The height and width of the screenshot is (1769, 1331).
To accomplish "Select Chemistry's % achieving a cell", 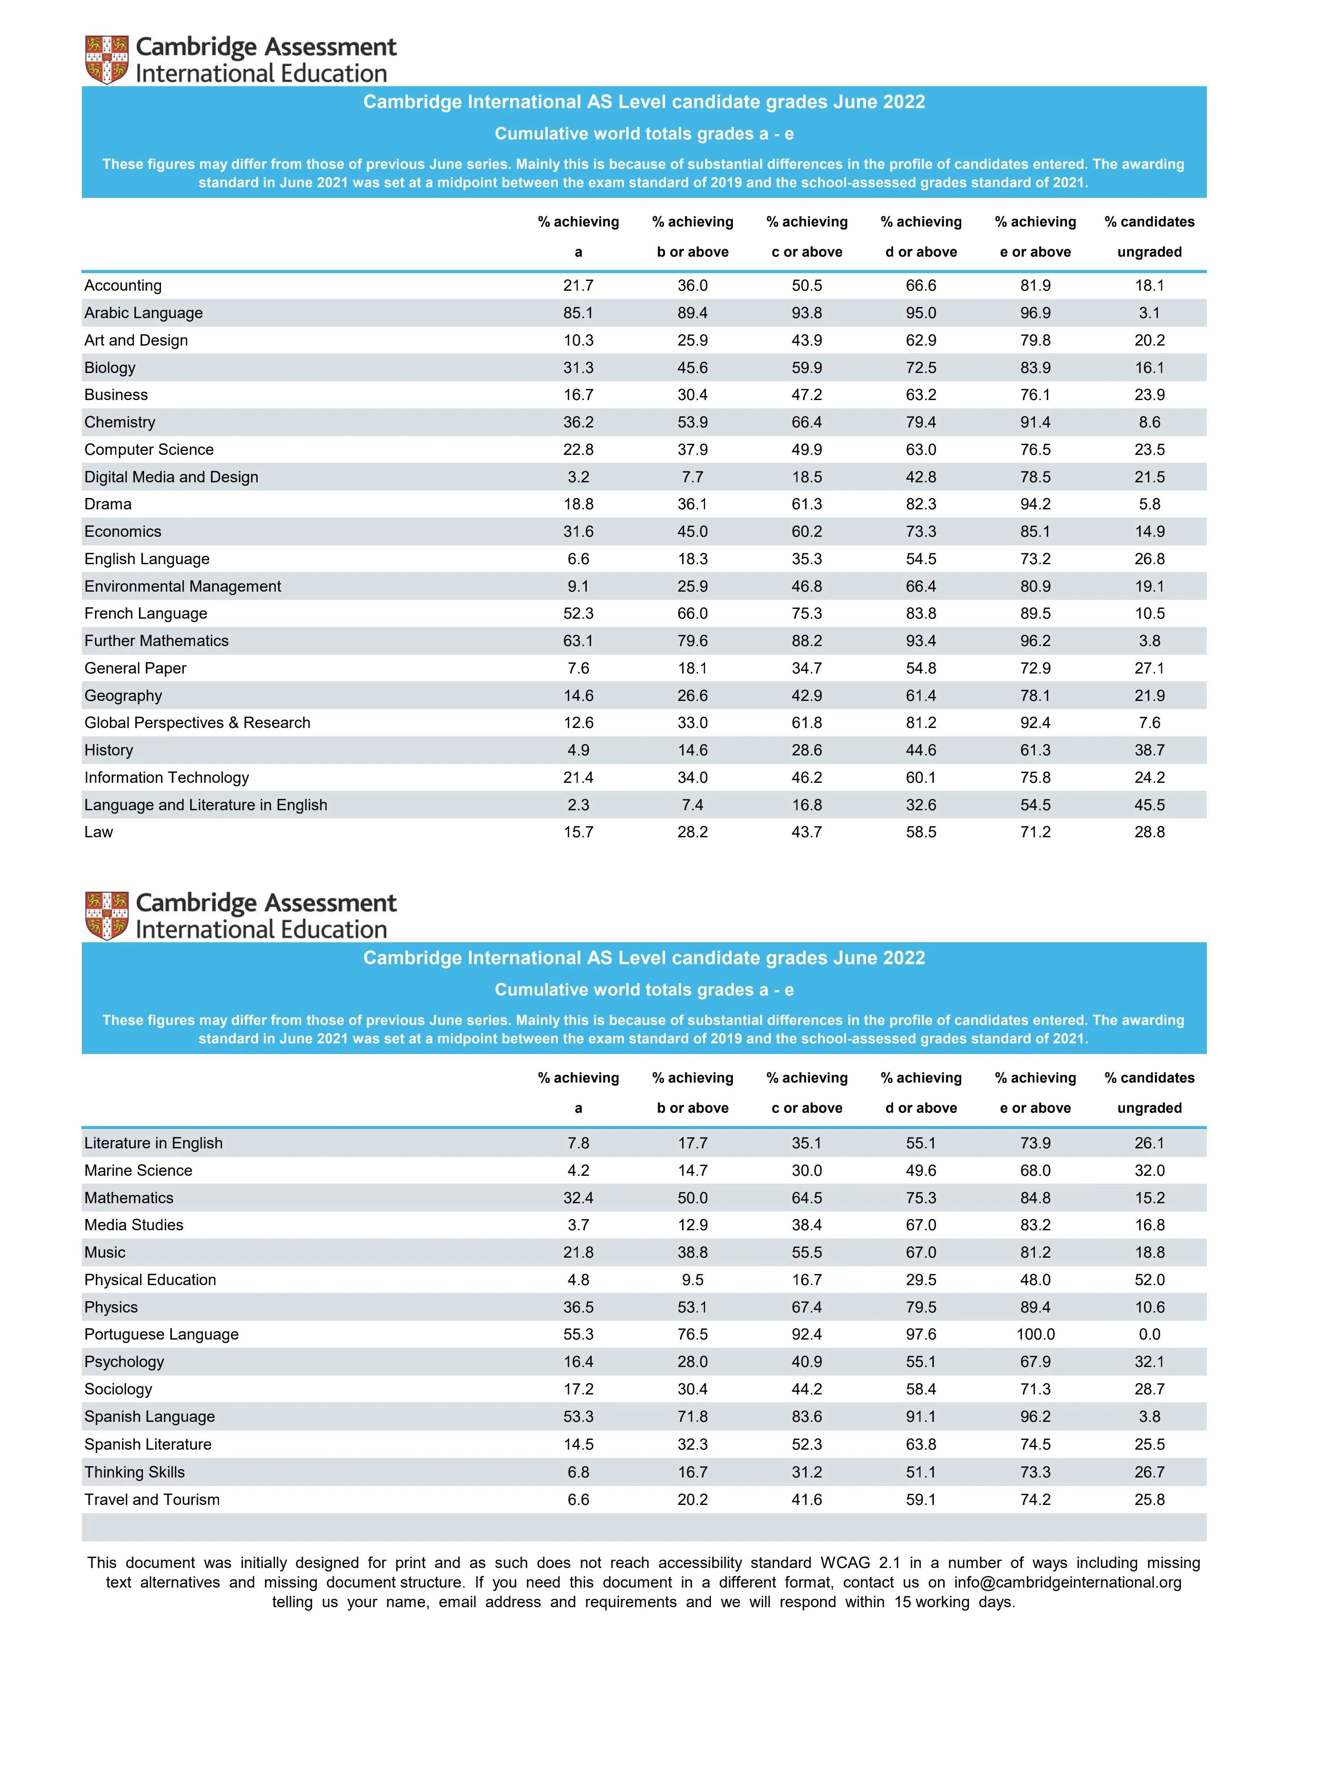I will click(x=578, y=422).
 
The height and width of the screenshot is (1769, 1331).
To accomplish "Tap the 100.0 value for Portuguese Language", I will click(x=1035, y=1334).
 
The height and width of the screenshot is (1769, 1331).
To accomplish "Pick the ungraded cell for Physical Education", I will click(x=1149, y=1280).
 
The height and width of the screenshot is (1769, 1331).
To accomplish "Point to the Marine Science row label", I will click(x=138, y=1170).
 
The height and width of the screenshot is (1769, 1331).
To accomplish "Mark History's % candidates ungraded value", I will click(x=1149, y=750).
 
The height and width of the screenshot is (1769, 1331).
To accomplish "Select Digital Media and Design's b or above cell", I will click(x=692, y=477).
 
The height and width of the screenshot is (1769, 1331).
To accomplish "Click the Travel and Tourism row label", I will click(x=152, y=1499).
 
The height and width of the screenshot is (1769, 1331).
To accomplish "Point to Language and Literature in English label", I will click(x=205, y=804).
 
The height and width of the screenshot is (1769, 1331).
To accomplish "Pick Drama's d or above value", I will click(x=921, y=504).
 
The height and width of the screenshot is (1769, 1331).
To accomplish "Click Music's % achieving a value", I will click(x=578, y=1252).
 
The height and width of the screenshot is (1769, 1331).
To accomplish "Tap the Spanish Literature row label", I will click(x=148, y=1444).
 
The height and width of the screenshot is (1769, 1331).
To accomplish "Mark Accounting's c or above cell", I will click(x=807, y=286).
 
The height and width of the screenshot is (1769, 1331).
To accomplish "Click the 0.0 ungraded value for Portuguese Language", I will click(x=1149, y=1334).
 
